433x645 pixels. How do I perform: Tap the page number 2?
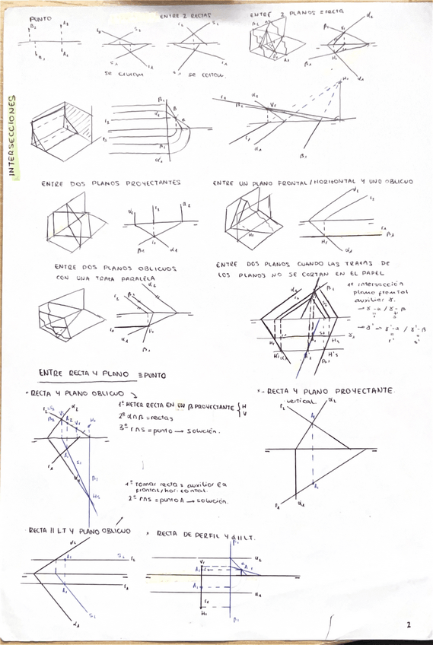click(408, 625)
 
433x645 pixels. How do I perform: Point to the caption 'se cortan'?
click(201, 75)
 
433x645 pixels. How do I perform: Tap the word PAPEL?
click(374, 275)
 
